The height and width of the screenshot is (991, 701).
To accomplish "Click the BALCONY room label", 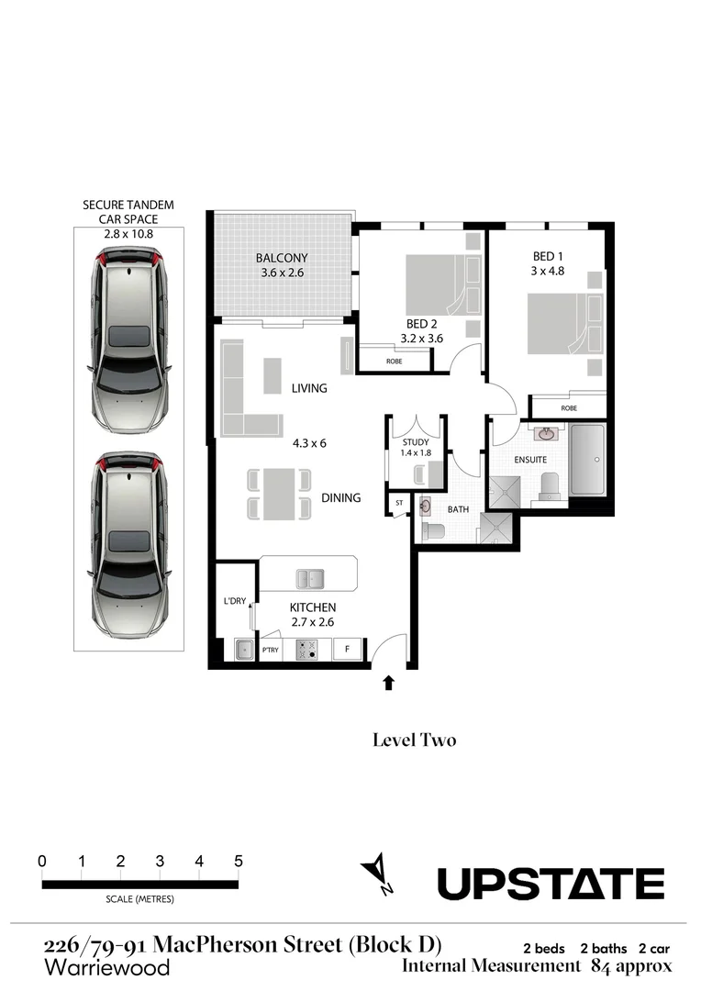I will [282, 258].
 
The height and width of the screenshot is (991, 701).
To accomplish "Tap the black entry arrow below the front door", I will [389, 682].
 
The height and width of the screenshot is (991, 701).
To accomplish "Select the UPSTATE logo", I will [551, 885].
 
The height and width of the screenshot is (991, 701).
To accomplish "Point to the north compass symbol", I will [378, 874].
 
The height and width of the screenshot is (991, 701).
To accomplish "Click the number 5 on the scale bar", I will [239, 862].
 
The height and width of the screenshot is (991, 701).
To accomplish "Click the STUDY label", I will [415, 442].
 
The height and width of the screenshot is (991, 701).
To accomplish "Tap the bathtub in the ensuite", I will [586, 459].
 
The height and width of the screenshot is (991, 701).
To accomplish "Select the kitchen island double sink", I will [309, 578].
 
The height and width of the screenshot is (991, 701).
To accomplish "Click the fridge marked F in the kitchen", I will [347, 650].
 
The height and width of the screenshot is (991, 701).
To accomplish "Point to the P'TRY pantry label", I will [271, 651].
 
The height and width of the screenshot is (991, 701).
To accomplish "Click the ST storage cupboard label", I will [399, 503].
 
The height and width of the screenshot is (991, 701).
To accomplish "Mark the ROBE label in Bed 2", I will [394, 361].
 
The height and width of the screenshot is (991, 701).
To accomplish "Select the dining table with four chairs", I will [277, 494].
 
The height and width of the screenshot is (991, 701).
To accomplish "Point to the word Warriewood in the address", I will [106, 967].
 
